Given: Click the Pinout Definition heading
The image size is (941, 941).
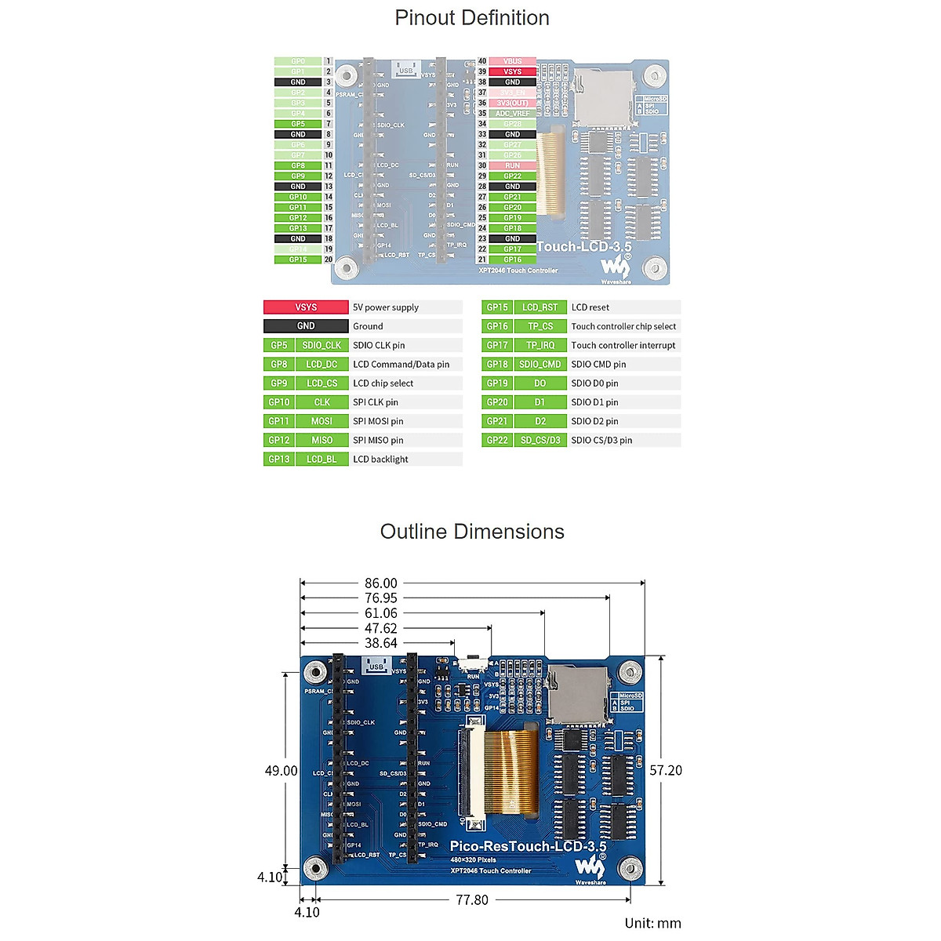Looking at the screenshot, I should coord(471,18).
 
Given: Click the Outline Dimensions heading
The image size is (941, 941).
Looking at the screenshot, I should coord(471,532).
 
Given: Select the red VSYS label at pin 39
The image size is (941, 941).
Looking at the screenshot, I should coord(512,71).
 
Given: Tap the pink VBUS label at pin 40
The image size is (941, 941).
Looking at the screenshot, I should coord(512,61).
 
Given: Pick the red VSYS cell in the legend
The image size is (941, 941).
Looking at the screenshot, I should coord(306,307).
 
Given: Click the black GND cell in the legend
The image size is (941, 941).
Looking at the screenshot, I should coord(306,326).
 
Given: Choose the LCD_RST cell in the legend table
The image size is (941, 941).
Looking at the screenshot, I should coord(540,307).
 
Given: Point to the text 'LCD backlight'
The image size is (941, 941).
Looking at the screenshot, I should coord(380,460).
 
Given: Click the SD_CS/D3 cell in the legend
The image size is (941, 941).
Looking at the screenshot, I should coord(540,441).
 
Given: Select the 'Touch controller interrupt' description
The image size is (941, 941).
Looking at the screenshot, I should coord(623,345).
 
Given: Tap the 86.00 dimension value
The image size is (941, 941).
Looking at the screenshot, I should coord(381,583).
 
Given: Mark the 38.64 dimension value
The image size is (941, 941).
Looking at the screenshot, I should coord(381,643).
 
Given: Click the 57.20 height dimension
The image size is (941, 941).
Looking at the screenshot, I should coord(666,771).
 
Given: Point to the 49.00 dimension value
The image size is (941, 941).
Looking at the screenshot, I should coord(281,771).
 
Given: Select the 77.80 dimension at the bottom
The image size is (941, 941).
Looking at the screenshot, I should coord(472,900).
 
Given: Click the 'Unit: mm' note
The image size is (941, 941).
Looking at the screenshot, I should coord(652,924).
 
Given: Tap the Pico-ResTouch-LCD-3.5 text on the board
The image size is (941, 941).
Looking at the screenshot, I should coord(528,847).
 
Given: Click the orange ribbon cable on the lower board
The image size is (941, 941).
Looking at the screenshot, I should coord(512,772).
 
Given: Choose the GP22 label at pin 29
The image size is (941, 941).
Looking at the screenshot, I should coord(512,176).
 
